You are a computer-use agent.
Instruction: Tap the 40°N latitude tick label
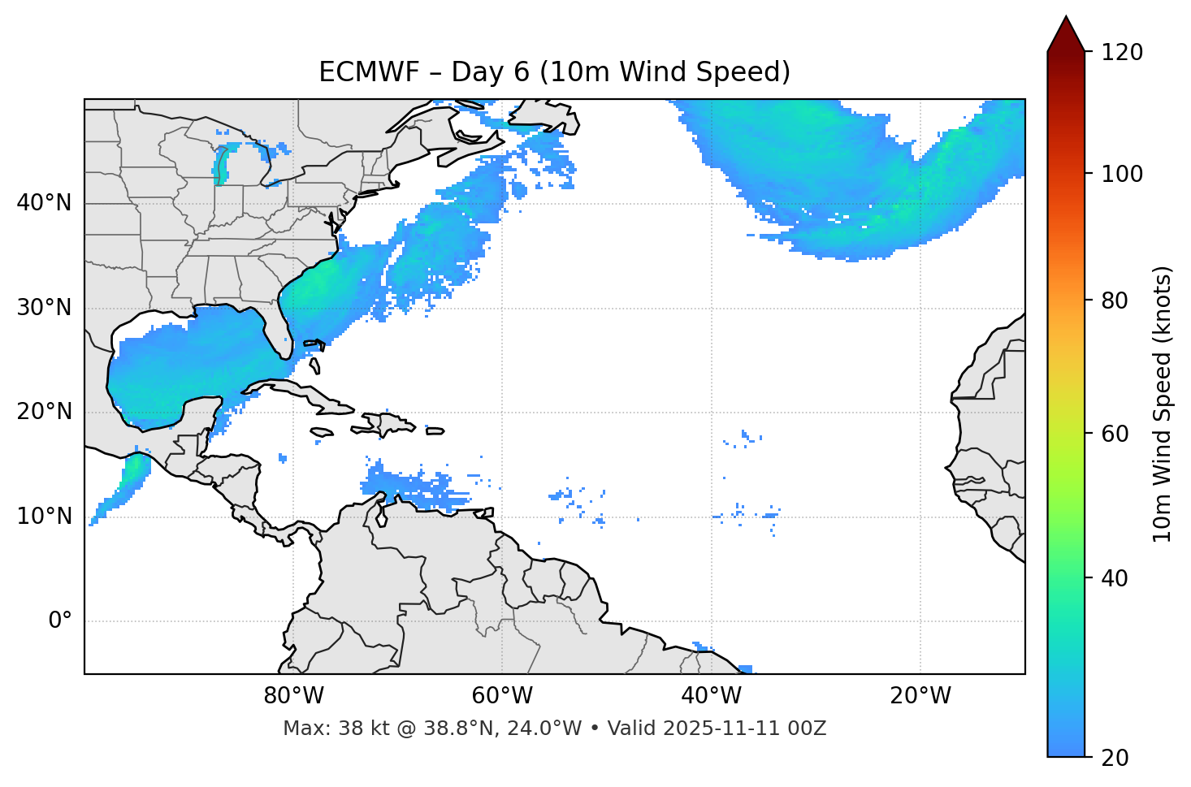(44, 203)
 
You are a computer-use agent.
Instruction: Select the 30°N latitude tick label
(44, 308)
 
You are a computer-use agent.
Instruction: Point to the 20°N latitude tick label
(44, 412)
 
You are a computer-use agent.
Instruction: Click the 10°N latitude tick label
(44, 517)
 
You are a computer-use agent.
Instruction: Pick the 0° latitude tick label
(59, 621)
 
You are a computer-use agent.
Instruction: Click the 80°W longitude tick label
(293, 696)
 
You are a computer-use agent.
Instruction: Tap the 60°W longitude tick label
(502, 696)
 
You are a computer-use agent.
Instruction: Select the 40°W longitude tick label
(712, 696)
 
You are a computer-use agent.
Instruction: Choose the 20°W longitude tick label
(920, 696)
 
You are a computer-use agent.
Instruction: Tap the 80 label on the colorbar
(1115, 301)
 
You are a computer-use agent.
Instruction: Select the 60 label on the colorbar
(1115, 434)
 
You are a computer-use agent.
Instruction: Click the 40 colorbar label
(1115, 578)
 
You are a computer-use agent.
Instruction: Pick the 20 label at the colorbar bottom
(1115, 758)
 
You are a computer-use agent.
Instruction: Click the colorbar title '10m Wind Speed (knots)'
(1163, 404)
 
